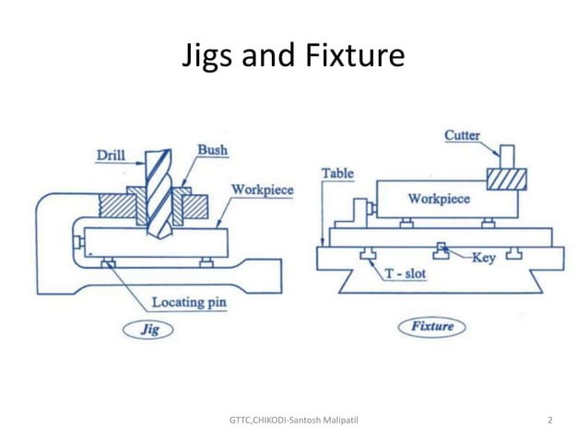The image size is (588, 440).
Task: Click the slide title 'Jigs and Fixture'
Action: [x=294, y=56]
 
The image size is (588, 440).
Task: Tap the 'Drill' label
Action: [x=112, y=156]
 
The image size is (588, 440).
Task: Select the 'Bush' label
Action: [x=213, y=150]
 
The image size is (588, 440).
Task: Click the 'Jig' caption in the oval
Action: [x=148, y=328]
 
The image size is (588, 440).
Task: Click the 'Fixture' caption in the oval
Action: [x=432, y=326]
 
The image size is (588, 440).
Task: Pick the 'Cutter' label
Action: [x=462, y=135]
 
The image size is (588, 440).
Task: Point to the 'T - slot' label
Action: [x=406, y=273]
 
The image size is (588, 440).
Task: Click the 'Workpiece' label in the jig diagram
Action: [x=263, y=191]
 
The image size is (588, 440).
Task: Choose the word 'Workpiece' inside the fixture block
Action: [x=439, y=198]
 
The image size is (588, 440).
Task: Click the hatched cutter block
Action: [x=506, y=177]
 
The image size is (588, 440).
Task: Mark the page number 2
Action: [x=550, y=421]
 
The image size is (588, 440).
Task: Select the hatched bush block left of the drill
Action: [x=121, y=206]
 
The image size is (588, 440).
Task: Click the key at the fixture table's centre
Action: [x=443, y=249]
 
